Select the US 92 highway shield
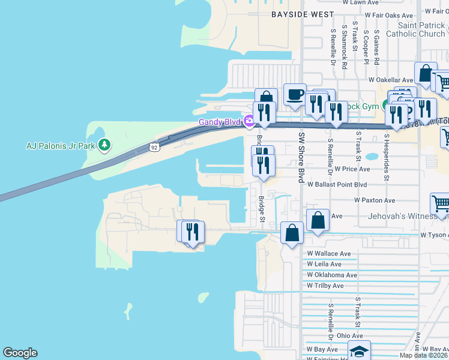[155, 146]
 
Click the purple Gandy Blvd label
[220, 122]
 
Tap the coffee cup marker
[295, 94]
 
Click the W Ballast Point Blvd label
[337, 185]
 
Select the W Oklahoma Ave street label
[332, 275]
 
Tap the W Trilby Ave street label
[325, 286]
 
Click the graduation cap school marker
[359, 350]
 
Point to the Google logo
[20, 353]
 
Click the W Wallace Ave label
[328, 254]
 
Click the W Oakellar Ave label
[391, 79]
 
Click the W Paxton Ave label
[375, 200]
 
